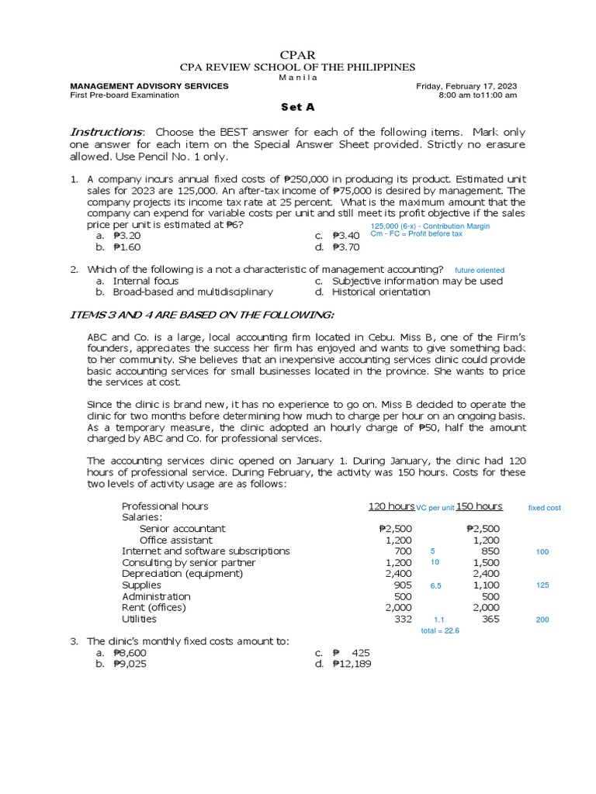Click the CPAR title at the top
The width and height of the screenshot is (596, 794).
pyautogui.click(x=297, y=54)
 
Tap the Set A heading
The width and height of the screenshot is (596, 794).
pyautogui.click(x=297, y=108)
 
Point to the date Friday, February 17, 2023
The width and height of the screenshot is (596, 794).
pyautogui.click(x=466, y=86)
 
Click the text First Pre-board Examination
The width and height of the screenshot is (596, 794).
pyautogui.click(x=124, y=95)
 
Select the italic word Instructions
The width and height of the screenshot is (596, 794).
pyautogui.click(x=107, y=132)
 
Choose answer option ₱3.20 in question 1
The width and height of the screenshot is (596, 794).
pyautogui.click(x=126, y=236)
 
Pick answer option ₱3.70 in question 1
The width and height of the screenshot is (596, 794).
pyautogui.click(x=345, y=247)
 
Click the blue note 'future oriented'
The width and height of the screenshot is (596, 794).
pyautogui.click(x=480, y=270)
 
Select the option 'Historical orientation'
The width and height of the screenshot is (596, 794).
pyautogui.click(x=380, y=292)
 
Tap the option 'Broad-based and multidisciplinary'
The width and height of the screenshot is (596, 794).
pyautogui.click(x=192, y=292)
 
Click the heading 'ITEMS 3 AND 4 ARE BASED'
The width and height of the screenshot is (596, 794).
pyautogui.click(x=202, y=314)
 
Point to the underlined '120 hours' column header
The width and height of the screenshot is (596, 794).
pyautogui.click(x=390, y=506)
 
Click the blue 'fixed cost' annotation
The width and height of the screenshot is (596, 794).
pyautogui.click(x=544, y=508)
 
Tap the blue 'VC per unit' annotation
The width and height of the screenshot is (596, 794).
pyautogui.click(x=435, y=508)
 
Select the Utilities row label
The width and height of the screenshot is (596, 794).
pyautogui.click(x=139, y=620)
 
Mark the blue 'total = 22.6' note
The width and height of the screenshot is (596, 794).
pyautogui.click(x=440, y=631)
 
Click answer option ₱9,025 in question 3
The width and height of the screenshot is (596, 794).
pyautogui.click(x=130, y=665)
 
